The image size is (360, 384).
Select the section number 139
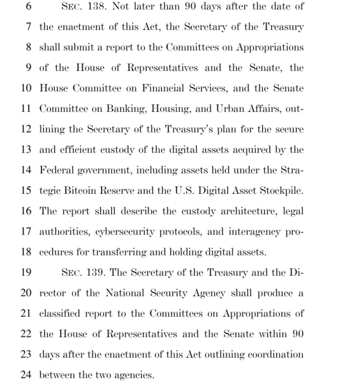click(x=97, y=272)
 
